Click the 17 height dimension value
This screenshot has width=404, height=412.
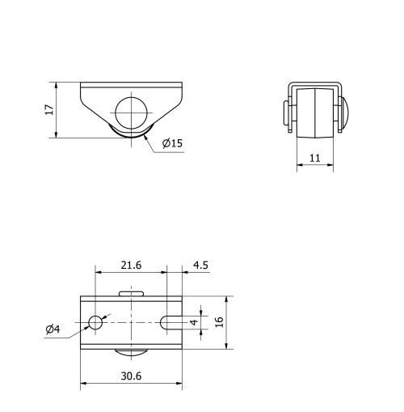[48, 109]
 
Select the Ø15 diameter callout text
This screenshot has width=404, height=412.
[172, 143]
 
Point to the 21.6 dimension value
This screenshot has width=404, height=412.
[130, 265]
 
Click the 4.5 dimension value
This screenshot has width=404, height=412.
[200, 265]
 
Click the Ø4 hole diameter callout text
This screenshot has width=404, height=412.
[52, 329]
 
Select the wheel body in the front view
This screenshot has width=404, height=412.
[315, 113]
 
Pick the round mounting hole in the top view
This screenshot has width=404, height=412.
[95, 322]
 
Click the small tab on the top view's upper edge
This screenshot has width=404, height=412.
[131, 291]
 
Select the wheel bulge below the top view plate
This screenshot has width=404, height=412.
[131, 352]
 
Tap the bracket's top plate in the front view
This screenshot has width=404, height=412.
[315, 83]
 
